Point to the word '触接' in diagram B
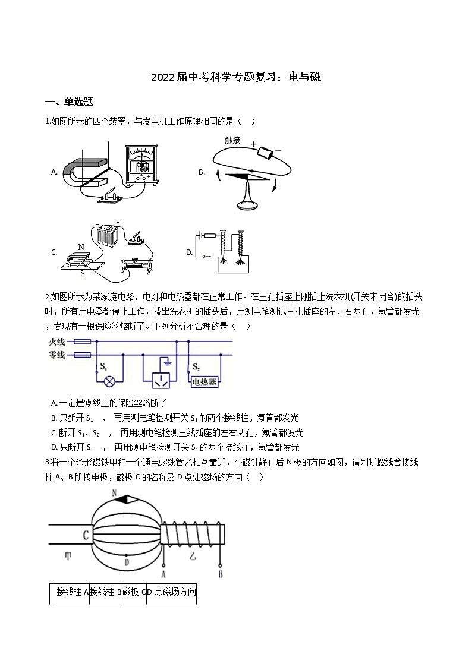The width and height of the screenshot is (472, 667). [x=233, y=140]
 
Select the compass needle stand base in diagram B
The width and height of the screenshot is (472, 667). [x=248, y=206]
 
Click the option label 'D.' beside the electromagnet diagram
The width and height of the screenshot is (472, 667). [x=189, y=252]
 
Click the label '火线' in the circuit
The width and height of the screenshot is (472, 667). [x=57, y=342]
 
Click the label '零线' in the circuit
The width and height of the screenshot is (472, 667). [x=57, y=355]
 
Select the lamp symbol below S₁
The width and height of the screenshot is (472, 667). [x=109, y=381]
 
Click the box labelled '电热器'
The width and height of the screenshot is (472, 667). [x=204, y=382]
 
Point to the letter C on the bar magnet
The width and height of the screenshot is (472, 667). [x=86, y=535]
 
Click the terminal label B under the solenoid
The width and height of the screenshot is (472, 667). [x=221, y=574]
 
